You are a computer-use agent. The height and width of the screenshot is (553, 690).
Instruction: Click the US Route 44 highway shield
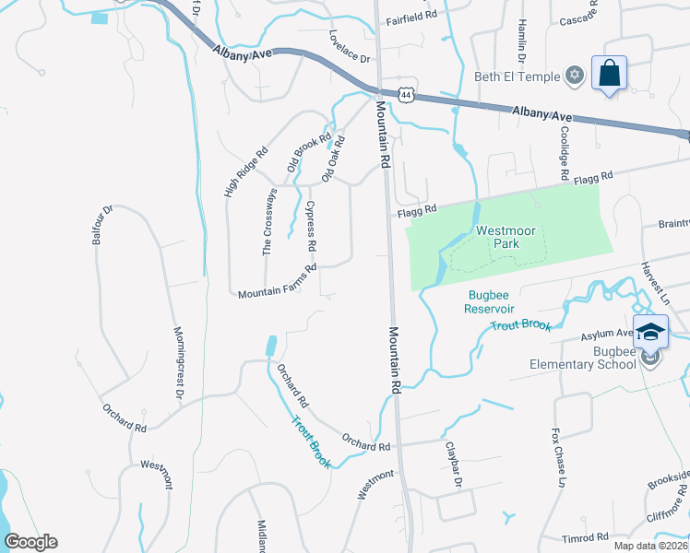point(405,93)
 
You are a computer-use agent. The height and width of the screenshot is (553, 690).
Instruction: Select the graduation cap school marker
point(651,332)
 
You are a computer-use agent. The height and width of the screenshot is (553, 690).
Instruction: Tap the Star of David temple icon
point(576,76)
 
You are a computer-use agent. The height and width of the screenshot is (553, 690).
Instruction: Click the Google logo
point(30,542)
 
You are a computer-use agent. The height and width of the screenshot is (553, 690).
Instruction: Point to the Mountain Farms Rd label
point(277,281)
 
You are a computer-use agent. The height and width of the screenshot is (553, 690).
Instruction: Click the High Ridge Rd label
point(245,171)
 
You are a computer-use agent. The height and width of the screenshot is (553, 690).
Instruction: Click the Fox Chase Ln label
point(558,457)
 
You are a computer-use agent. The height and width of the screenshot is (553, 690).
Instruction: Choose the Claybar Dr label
point(453,464)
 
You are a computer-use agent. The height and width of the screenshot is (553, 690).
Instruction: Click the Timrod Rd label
point(586,537)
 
